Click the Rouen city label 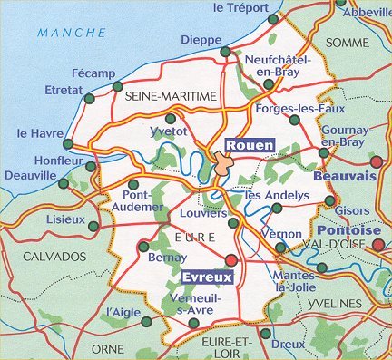[248, 144]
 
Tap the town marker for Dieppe [225, 53]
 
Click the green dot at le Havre [69, 143]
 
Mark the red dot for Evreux [230, 261]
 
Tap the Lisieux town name [63, 220]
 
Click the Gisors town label [352, 210]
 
